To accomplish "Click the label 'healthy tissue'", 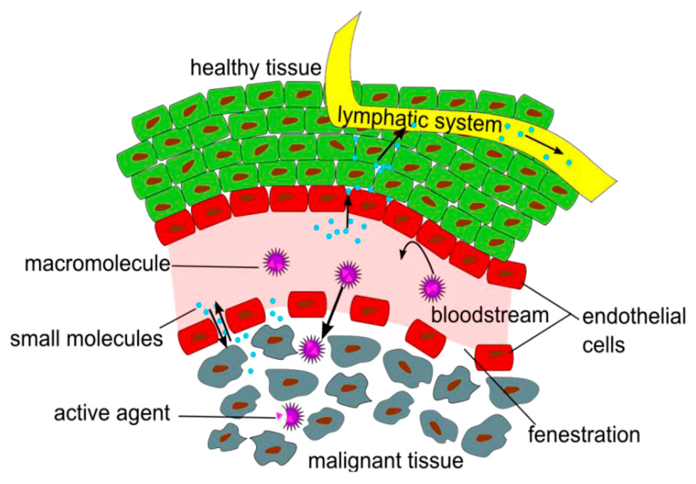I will (x=255, y=68).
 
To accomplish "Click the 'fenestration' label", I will (x=584, y=435).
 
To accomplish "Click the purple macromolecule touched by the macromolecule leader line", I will (x=276, y=262).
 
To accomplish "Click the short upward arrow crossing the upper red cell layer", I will (x=348, y=209).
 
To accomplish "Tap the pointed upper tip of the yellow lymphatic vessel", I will (x=360, y=13).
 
